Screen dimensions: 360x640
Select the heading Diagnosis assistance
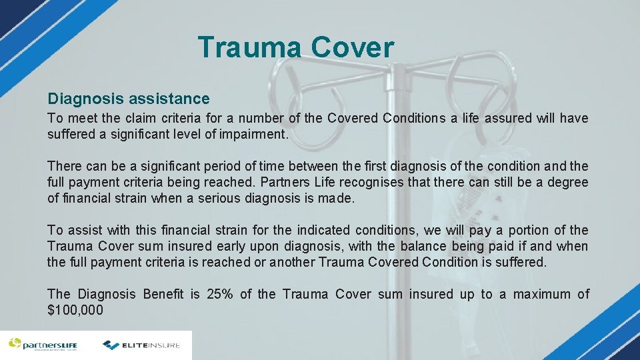coord(129,99)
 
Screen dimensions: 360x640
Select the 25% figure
coord(219,294)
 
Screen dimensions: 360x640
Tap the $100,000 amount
coord(75,310)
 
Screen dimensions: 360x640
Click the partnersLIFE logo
coord(43,345)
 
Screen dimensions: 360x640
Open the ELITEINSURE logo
coord(142,345)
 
